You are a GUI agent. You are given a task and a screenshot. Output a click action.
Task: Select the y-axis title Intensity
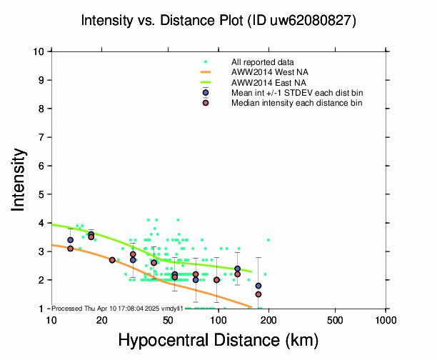(18, 179)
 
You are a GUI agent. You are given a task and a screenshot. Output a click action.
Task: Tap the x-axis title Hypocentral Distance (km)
(218, 340)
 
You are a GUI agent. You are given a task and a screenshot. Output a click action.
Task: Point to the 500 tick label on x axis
(335, 321)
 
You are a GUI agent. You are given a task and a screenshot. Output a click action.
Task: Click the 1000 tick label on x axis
(386, 321)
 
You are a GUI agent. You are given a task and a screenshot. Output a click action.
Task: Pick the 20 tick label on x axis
(101, 321)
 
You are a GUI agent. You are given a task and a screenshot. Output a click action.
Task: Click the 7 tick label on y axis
(41, 137)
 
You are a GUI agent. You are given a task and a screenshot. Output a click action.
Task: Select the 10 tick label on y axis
(39, 51)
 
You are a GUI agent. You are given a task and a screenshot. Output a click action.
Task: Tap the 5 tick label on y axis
(41, 194)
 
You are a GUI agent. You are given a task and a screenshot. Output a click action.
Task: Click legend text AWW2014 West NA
(269, 72)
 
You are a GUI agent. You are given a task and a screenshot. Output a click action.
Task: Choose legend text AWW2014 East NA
(268, 83)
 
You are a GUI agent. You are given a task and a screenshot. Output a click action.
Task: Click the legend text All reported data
(262, 62)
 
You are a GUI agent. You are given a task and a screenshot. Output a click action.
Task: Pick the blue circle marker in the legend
(206, 93)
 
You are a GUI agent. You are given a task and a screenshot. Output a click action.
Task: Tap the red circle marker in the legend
(206, 103)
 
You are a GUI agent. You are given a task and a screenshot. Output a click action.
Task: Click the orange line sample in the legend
(206, 72)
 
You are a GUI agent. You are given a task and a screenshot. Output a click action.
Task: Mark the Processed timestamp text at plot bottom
(117, 309)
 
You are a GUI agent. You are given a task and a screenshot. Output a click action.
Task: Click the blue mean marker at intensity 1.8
(258, 286)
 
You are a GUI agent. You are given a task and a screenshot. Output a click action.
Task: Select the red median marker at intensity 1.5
(258, 294)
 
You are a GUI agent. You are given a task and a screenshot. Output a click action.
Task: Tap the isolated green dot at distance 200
(268, 240)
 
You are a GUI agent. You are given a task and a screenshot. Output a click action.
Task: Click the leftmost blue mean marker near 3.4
(70, 240)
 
